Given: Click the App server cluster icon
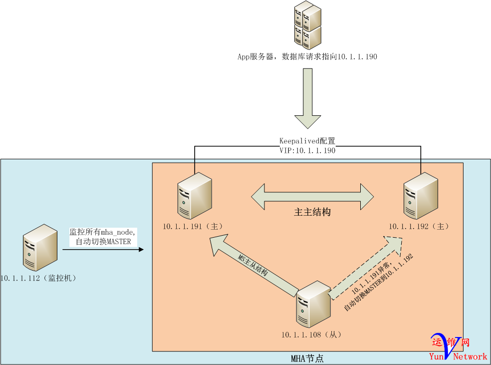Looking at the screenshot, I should click(x=307, y=24).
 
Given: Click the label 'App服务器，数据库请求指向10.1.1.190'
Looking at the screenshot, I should click(x=307, y=57).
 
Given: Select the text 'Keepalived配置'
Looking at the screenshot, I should click(x=307, y=141).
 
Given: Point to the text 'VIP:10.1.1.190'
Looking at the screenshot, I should click(x=307, y=150).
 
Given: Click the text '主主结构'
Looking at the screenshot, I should click(x=312, y=212).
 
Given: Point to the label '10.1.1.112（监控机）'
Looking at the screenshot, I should click(x=38, y=278).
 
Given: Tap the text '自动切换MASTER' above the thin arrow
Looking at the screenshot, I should click(x=103, y=242).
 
